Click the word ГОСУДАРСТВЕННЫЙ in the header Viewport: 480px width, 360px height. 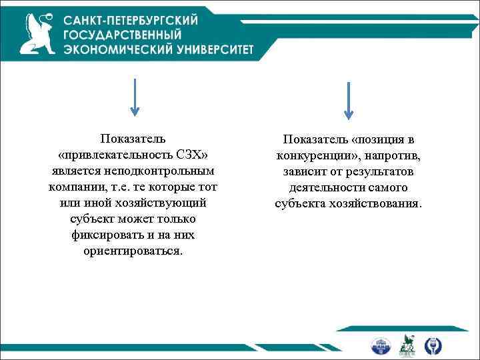point(123,35)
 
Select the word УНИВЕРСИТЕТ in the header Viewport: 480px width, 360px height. point(213,50)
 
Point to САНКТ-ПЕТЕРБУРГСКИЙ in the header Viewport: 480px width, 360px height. point(131,19)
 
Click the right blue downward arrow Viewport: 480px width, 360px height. point(349,100)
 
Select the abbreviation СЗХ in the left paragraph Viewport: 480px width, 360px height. point(195,154)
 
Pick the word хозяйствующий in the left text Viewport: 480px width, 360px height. point(167,202)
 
